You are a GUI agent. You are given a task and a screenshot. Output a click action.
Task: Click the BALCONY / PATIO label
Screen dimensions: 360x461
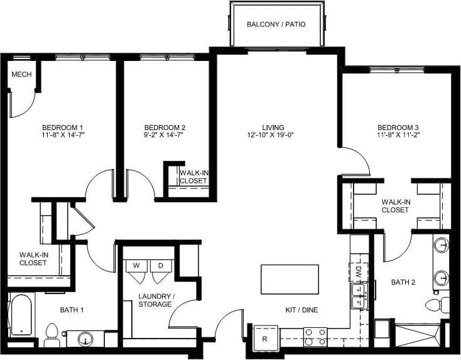pos(276,25)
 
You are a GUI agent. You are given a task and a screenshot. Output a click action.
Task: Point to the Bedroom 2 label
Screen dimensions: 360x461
pos(165,126)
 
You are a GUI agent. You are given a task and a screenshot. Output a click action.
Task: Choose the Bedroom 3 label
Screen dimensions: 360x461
pos(398,126)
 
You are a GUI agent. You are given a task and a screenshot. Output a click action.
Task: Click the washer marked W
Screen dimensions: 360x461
pos(136,266)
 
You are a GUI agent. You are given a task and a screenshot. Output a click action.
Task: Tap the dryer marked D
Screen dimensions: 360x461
pos(160,266)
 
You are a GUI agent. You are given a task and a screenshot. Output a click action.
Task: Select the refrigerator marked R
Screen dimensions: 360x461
pos(265,339)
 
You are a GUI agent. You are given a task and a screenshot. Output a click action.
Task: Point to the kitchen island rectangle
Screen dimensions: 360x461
pos(290,279)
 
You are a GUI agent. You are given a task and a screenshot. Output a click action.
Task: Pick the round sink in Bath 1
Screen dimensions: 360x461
pos(87,339)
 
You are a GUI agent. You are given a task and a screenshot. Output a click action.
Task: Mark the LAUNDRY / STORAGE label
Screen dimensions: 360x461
pos(155,300)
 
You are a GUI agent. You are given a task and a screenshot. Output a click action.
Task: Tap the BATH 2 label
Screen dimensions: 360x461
pos(404,282)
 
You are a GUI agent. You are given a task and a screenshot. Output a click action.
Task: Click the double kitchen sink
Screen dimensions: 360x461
pos(359,296)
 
